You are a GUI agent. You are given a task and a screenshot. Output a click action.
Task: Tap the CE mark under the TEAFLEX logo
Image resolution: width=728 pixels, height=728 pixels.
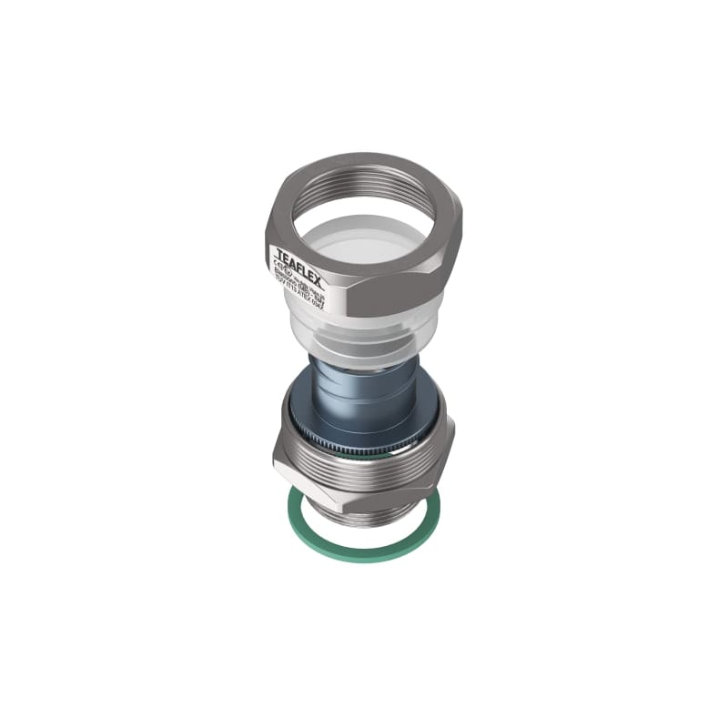[x=276, y=258]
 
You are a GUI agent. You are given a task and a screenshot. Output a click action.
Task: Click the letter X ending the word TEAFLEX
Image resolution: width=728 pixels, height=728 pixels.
[x=318, y=258]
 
